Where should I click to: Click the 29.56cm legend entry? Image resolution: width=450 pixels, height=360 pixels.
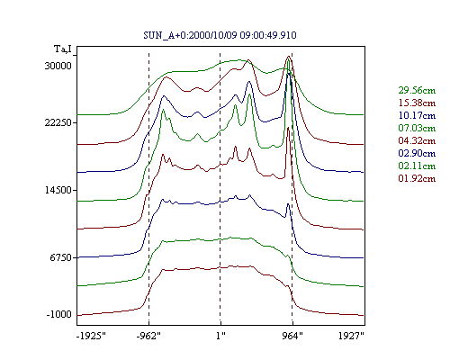[417, 90]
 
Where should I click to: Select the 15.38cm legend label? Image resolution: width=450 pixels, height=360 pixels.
[417, 103]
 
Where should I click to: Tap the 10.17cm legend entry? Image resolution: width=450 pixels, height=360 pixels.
[417, 115]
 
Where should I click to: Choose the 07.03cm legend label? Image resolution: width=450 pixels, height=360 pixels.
[417, 128]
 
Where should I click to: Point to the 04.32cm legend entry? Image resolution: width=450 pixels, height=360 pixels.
[417, 140]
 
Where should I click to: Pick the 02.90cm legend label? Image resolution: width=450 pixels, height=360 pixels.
[417, 153]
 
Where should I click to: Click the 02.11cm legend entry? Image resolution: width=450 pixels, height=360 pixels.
[417, 166]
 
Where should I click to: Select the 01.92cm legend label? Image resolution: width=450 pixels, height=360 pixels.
[417, 178]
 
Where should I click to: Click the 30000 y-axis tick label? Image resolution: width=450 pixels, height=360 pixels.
[58, 66]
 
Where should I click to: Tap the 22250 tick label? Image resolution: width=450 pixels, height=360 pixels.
[58, 122]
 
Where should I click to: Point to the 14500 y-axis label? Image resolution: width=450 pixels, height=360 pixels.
[58, 190]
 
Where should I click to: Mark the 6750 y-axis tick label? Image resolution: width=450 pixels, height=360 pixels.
[61, 257]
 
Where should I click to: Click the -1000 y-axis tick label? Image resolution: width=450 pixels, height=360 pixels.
[59, 314]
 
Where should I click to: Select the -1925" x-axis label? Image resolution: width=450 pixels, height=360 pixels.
[92, 336]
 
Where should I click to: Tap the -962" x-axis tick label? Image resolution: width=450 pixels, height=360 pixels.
[148, 336]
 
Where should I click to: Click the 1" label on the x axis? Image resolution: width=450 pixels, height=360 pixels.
[220, 336]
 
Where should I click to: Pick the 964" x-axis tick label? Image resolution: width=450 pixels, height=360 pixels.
[292, 336]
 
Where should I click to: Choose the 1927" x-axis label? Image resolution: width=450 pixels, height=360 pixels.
[351, 336]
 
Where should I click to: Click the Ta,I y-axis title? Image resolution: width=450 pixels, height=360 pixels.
[63, 49]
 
